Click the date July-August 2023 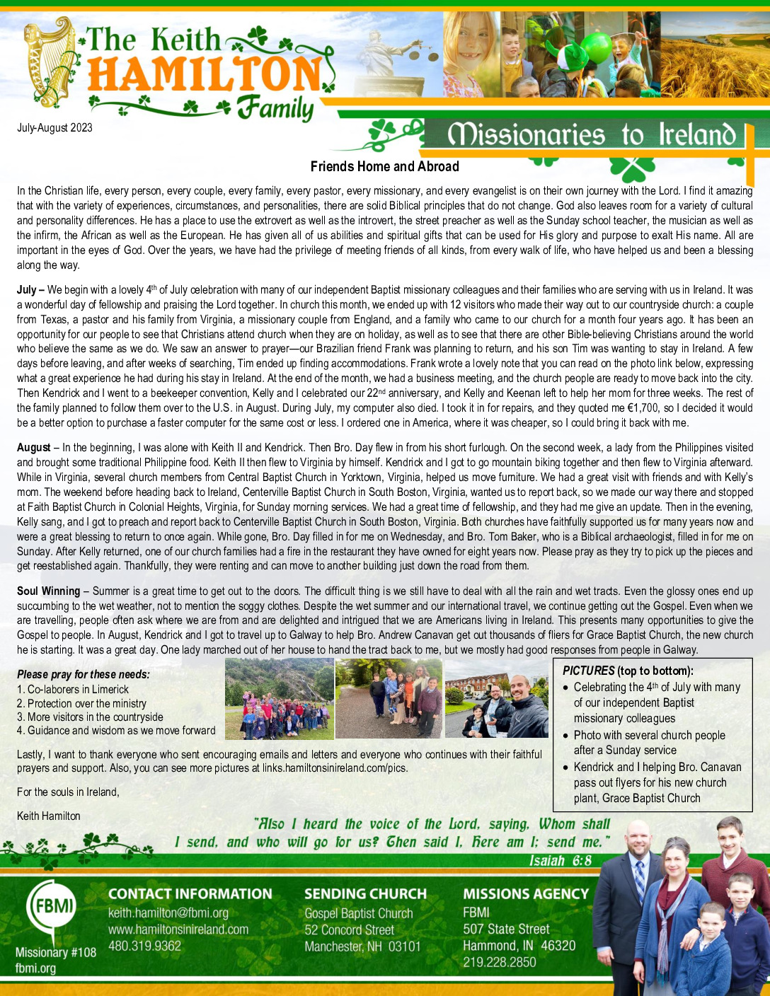click(x=54, y=128)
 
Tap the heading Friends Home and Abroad click(x=384, y=167)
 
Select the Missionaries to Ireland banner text click(x=592, y=134)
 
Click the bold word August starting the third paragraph click(x=33, y=448)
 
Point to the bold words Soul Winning click(x=48, y=591)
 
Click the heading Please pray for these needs click(x=84, y=675)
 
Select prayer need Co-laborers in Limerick click(x=72, y=690)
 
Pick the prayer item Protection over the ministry click(x=81, y=704)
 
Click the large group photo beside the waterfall click(x=279, y=699)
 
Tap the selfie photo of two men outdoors click(x=496, y=699)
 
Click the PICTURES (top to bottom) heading click(x=628, y=671)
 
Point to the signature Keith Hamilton click(x=49, y=816)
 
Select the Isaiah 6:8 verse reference click(x=560, y=861)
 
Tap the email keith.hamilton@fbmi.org click(x=168, y=913)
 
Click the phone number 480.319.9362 click(x=144, y=946)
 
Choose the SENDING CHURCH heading click(x=365, y=894)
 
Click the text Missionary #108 click(x=56, y=953)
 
